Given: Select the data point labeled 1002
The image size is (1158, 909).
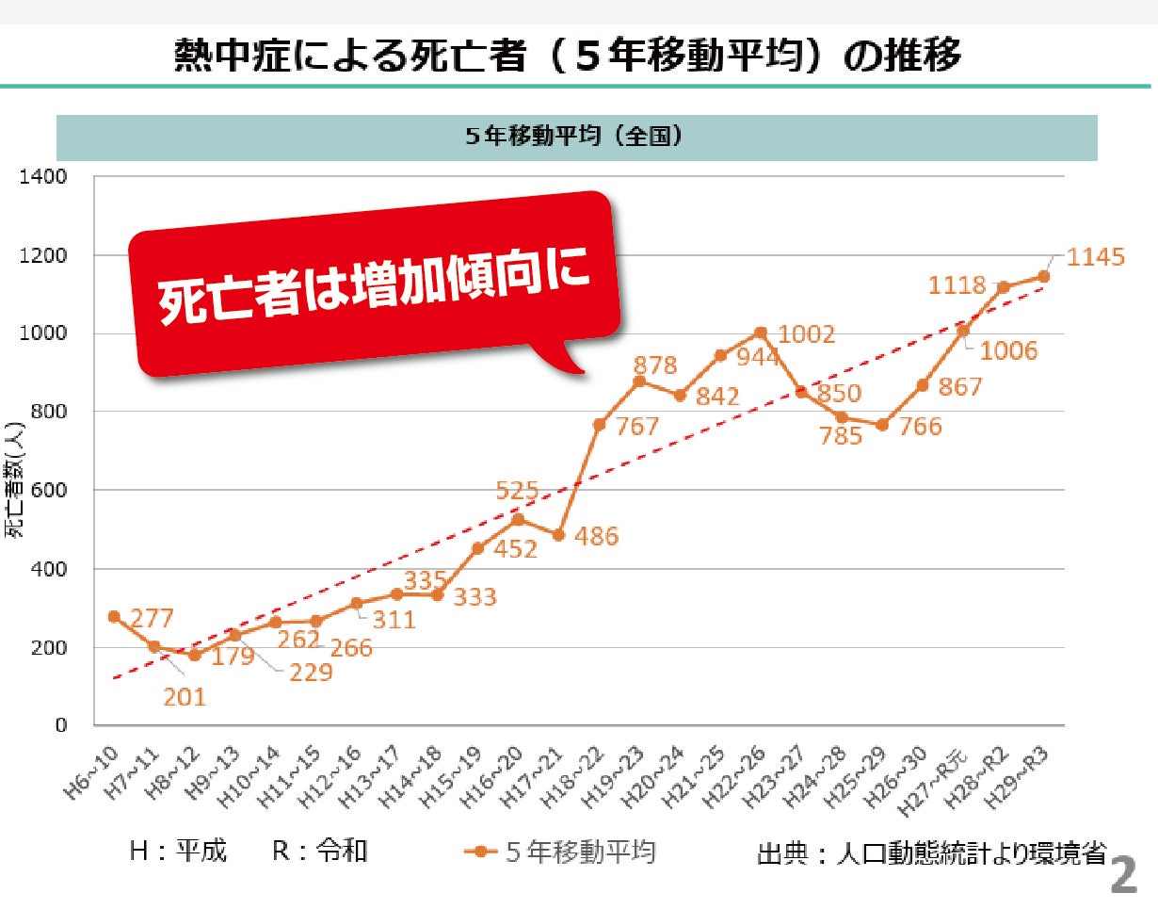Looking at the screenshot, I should coord(760,333).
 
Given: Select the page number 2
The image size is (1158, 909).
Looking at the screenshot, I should coord(1123,877).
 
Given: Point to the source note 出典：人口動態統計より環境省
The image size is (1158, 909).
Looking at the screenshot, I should coord(930,853).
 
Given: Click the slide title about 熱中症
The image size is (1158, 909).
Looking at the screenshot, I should coord(569,56).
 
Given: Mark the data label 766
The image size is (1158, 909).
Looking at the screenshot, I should coord(920,426).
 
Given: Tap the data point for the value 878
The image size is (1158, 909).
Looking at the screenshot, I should coord(638,381).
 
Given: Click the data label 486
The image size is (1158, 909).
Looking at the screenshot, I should coord(597,537).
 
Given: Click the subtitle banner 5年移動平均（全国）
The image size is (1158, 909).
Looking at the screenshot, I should coord(576,138).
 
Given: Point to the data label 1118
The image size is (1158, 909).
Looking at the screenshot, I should coord(957,285).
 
